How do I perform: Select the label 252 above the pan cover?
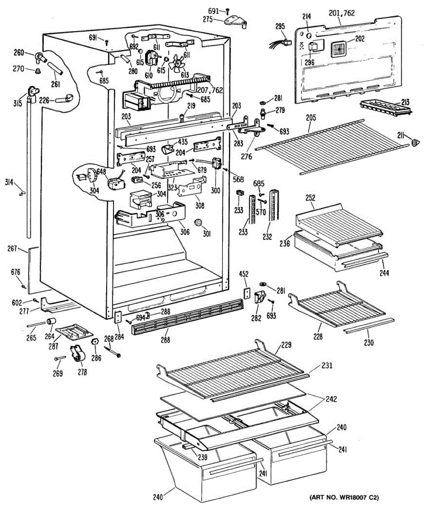[x=311, y=198]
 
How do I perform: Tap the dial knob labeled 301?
[x=198, y=223]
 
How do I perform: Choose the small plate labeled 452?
[x=246, y=294]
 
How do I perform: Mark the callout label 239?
[x=203, y=457]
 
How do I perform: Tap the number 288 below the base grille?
[x=166, y=340]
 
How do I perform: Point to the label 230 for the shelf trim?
[x=369, y=342]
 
